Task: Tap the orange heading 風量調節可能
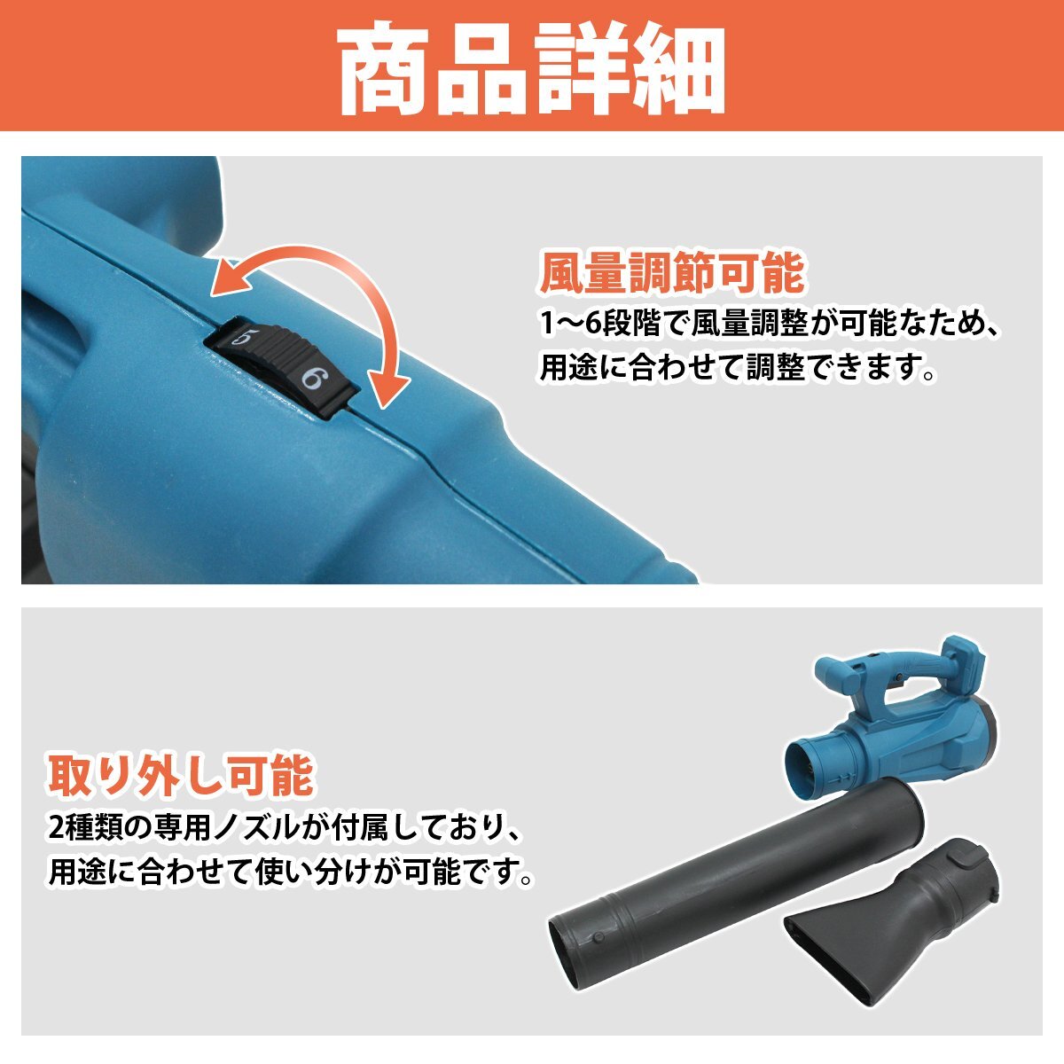[671, 273]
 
